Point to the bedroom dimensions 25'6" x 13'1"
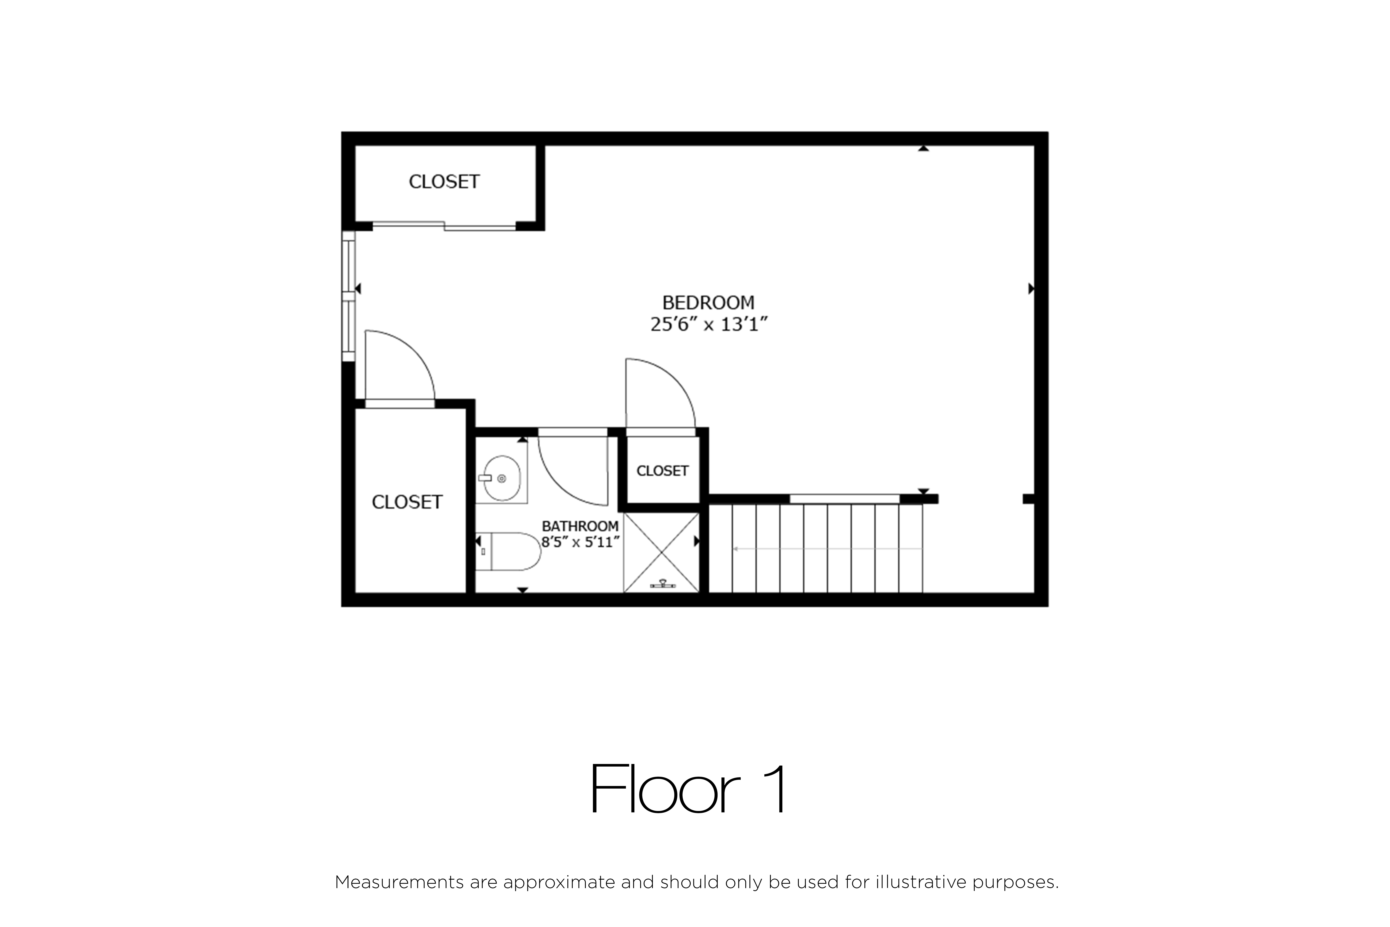[x=709, y=324]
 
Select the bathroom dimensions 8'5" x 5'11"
[x=580, y=541]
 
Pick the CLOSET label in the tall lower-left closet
[x=407, y=502]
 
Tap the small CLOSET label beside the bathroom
[x=663, y=471]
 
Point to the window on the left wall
[x=349, y=296]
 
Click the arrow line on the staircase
[x=827, y=549]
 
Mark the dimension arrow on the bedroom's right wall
[x=1031, y=289]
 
